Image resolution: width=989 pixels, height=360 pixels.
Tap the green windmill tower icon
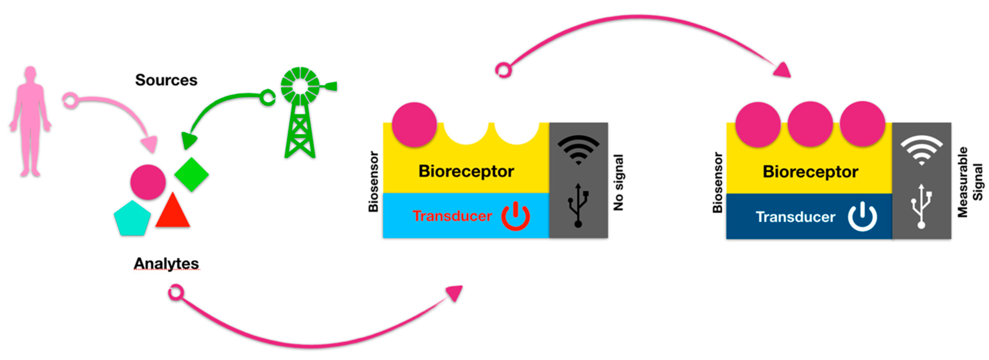point(301,115)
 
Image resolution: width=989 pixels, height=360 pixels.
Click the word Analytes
point(166,264)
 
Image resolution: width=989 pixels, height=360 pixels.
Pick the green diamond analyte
point(191,174)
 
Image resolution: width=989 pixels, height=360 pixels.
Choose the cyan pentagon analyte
point(132,218)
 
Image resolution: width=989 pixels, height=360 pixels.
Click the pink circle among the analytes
point(148,182)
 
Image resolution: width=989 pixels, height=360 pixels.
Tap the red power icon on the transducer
point(515,216)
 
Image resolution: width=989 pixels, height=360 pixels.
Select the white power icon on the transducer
point(862,217)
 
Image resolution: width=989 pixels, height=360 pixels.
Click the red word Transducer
point(452,216)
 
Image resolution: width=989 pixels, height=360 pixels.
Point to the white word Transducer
point(796,217)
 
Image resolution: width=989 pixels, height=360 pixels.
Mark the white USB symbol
point(921,206)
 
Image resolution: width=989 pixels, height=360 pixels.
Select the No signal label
point(618,183)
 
